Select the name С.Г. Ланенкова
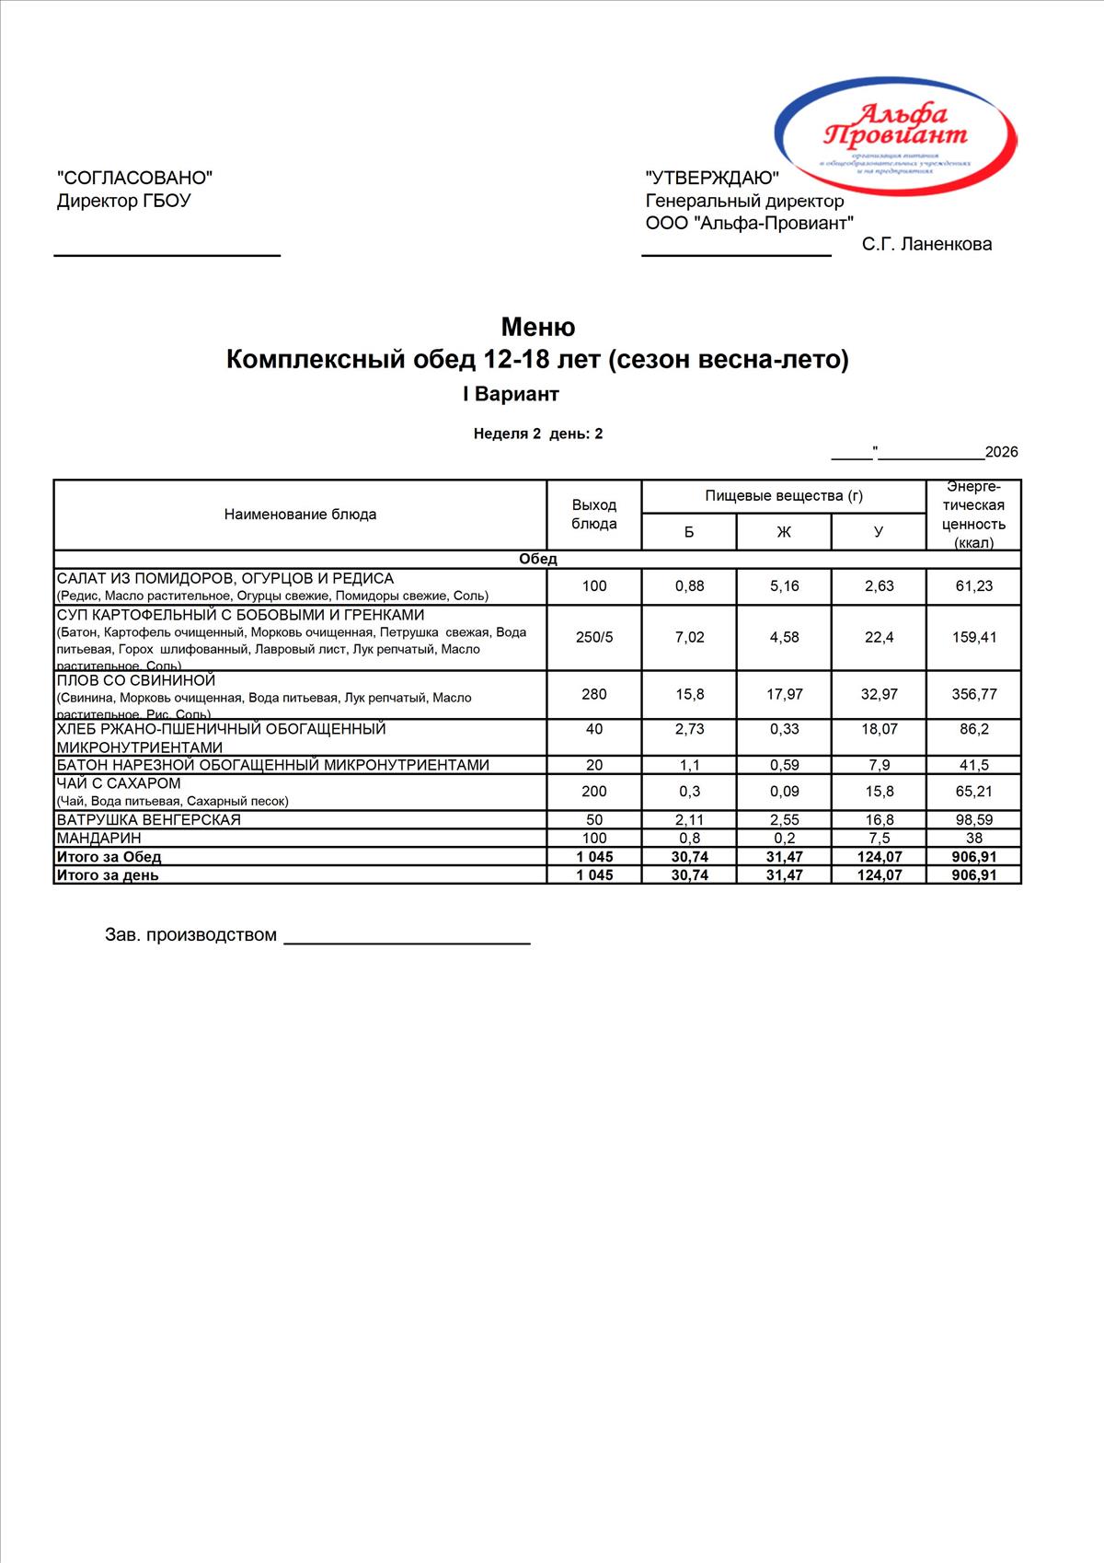[x=926, y=244]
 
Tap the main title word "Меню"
[x=538, y=327]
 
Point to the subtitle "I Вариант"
[x=511, y=394]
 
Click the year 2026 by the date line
[x=1001, y=452]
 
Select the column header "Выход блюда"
[x=594, y=515]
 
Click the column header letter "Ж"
[x=784, y=532]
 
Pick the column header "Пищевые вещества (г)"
[x=784, y=496]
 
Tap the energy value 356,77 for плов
[x=973, y=694]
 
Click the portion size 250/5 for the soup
[x=594, y=637]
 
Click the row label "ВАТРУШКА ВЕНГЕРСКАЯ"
[x=148, y=819]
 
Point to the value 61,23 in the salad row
[x=973, y=586]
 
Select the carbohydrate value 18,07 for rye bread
[x=879, y=729]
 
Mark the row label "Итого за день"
[x=108, y=875]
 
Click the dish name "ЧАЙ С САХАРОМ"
[x=119, y=783]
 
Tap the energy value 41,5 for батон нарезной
[x=973, y=765]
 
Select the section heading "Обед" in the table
[x=538, y=559]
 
